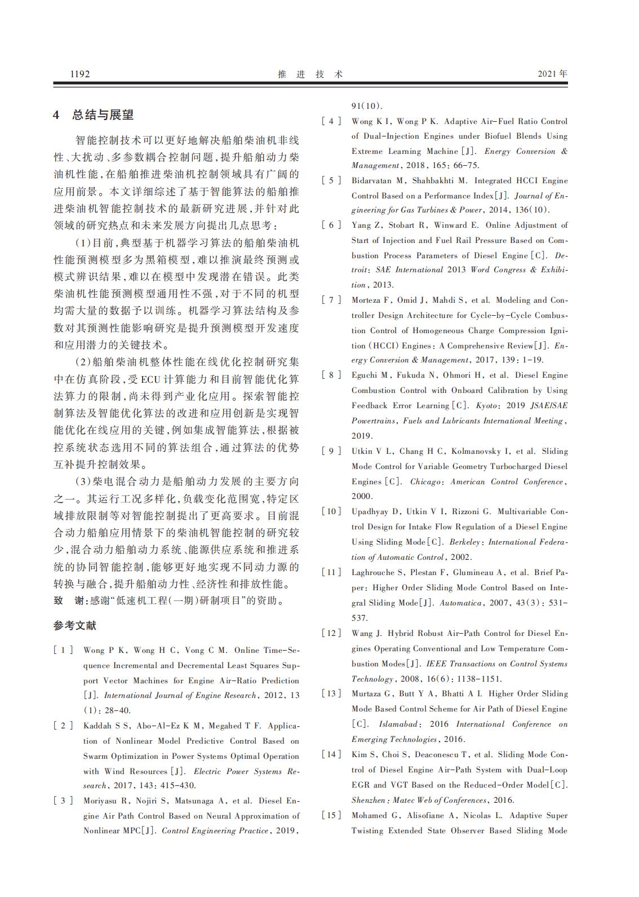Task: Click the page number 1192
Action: pos(79,74)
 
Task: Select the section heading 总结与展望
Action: pos(103,115)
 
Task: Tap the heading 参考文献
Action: pos(75,625)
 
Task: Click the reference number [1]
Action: pos(64,650)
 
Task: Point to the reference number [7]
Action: pos(331,300)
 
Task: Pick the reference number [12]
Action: pos(331,633)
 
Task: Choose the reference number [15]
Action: pos(331,815)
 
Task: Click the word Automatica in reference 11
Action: pos(460,603)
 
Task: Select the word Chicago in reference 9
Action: pos(426,481)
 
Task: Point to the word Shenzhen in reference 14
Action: pos(370,800)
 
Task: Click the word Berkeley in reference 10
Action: pos(465,542)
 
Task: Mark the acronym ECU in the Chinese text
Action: pos(151,379)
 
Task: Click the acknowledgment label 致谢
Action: pos(70,600)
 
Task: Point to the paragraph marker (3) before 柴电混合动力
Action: pos(83,481)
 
